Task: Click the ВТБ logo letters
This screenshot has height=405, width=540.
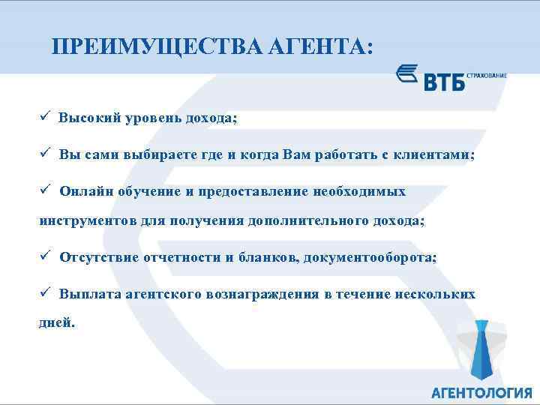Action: point(445,81)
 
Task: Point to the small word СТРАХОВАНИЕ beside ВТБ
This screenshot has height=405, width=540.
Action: point(487,75)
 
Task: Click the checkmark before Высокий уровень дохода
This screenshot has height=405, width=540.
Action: point(45,118)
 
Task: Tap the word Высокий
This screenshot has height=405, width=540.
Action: point(88,118)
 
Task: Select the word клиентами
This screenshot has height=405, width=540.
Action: point(434,154)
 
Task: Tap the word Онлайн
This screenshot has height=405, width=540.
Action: point(84,190)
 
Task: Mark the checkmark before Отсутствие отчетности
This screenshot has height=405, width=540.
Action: point(45,256)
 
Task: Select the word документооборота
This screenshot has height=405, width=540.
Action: point(380,257)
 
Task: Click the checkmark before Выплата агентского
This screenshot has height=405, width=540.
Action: point(45,293)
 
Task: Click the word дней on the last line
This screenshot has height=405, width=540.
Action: point(55,324)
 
